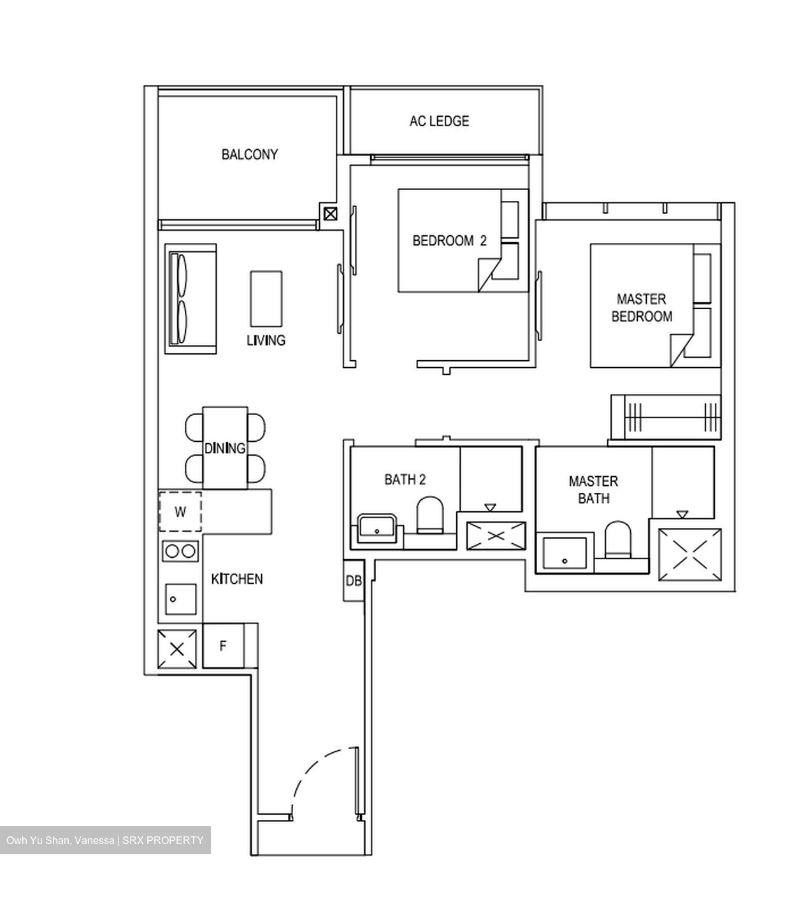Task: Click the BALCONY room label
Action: click(250, 154)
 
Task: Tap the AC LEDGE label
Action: click(439, 121)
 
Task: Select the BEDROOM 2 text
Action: click(449, 241)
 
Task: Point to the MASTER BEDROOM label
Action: click(642, 308)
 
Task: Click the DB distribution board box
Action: click(354, 581)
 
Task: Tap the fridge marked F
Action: click(223, 646)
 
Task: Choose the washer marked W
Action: click(180, 512)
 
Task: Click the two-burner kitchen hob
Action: click(180, 551)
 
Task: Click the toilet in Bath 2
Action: click(429, 514)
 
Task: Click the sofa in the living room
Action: click(190, 299)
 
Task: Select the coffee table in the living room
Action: click(266, 299)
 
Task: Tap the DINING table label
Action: click(225, 448)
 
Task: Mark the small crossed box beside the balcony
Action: click(330, 214)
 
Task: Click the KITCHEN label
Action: click(237, 579)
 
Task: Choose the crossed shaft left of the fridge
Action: click(177, 649)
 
